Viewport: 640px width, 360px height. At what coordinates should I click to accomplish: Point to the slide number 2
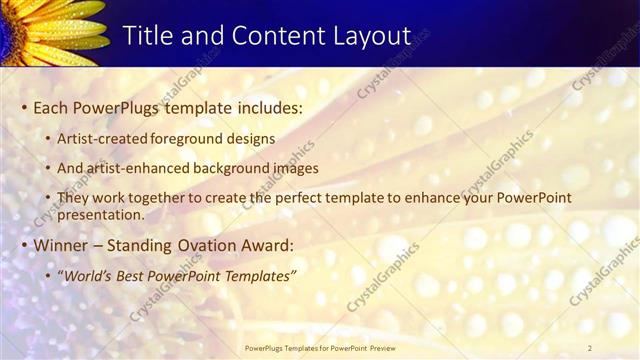[x=590, y=347]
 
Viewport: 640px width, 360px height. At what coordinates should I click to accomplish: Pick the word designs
[x=250, y=138]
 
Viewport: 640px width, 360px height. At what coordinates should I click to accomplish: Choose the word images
[x=296, y=168]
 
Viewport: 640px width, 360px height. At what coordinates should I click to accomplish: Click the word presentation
[x=101, y=214]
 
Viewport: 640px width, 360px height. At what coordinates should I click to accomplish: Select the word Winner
[x=61, y=245]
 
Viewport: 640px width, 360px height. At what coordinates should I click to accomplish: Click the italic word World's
[x=91, y=275]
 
